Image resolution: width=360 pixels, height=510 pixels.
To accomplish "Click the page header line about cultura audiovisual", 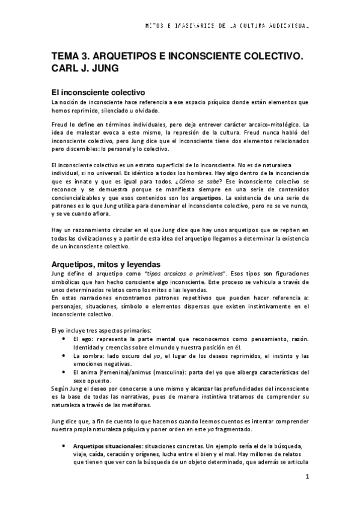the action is tap(227, 27).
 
